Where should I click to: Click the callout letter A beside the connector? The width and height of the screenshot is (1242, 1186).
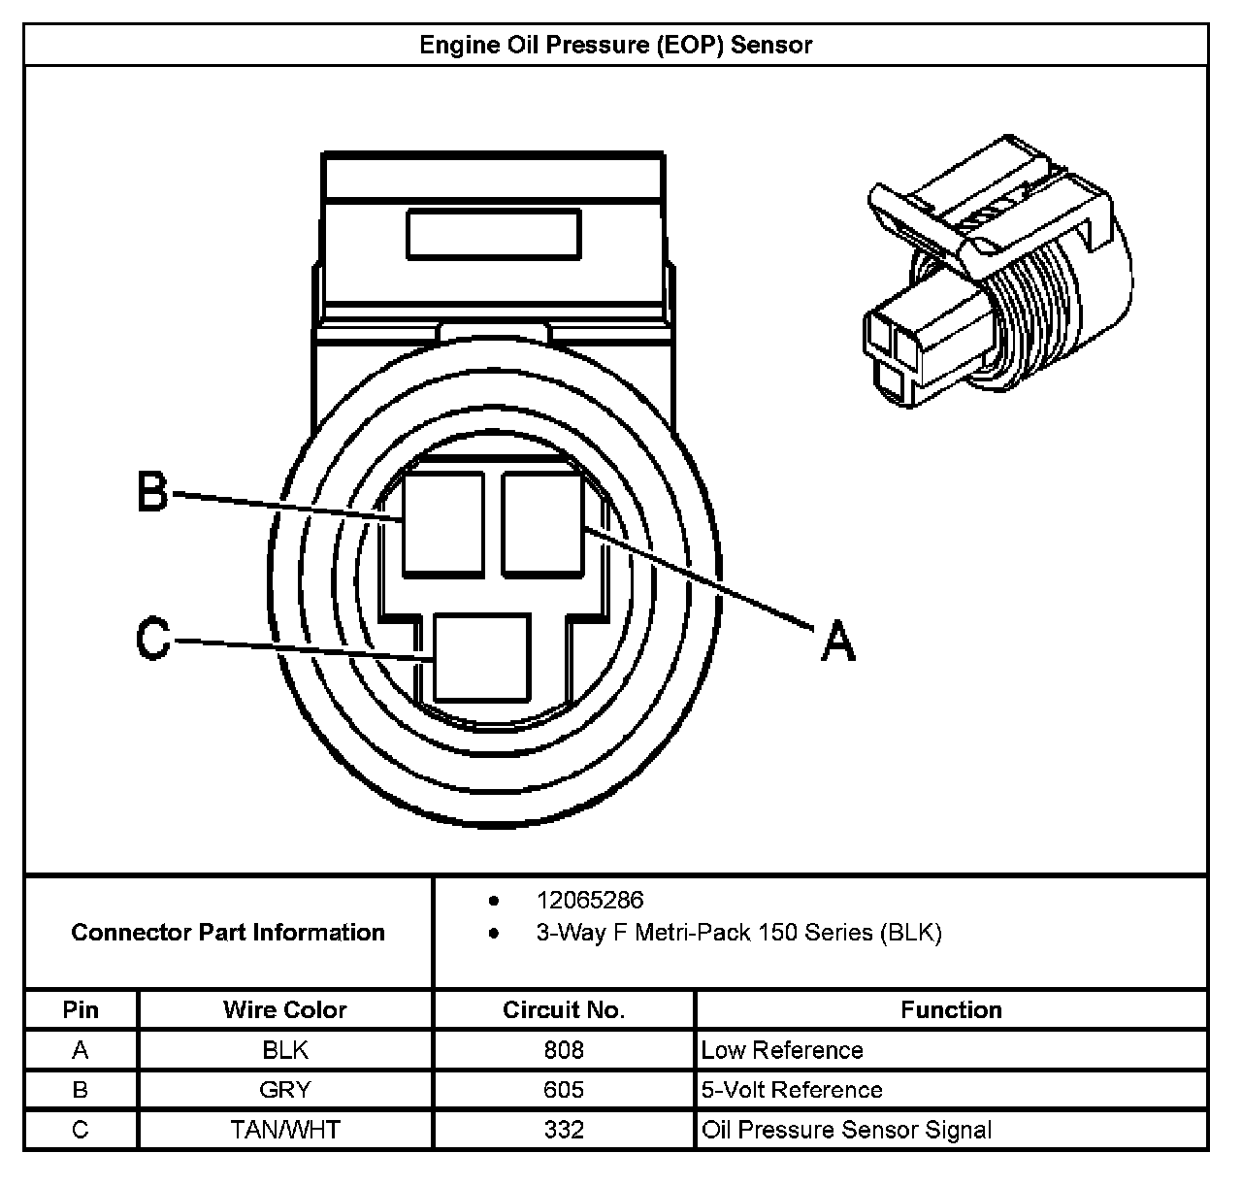[x=838, y=642]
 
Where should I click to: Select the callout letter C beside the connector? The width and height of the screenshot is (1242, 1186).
[x=152, y=639]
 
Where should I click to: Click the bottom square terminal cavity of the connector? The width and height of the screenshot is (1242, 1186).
[x=481, y=657]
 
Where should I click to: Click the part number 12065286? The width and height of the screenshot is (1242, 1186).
[x=589, y=901]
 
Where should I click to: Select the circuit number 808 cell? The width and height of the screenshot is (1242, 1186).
[x=564, y=1050]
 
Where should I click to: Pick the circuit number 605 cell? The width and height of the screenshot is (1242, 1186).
[x=564, y=1090]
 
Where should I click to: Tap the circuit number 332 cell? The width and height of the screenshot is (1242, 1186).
[x=564, y=1130]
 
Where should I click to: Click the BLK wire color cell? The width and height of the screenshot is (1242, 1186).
[x=285, y=1050]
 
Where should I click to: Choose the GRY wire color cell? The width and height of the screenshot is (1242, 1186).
[x=285, y=1090]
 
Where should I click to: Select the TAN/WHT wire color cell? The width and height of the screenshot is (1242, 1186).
[x=285, y=1130]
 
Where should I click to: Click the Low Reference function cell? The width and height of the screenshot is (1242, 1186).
[x=782, y=1050]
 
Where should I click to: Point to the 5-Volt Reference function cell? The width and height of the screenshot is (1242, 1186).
[x=792, y=1090]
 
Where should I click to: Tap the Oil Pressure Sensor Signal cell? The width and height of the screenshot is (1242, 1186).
[x=846, y=1130]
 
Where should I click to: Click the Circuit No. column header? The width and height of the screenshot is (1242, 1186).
[x=564, y=1010]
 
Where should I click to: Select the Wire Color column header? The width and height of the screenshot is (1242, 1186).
[x=285, y=1010]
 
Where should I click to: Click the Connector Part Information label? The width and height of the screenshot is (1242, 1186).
[x=228, y=933]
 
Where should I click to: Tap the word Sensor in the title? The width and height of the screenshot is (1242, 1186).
[x=771, y=45]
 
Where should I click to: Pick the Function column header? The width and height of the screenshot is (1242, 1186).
[x=951, y=1010]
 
